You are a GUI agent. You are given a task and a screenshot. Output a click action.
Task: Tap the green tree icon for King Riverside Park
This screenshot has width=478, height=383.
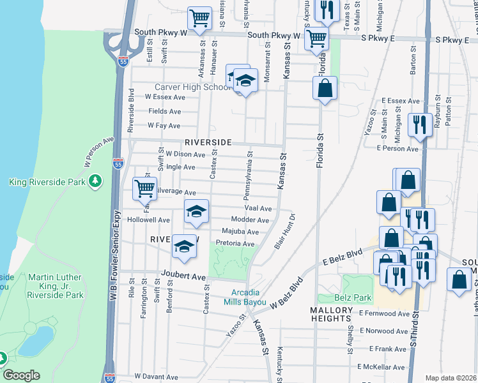point(95,182)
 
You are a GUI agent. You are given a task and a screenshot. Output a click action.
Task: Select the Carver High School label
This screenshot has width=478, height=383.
point(190,87)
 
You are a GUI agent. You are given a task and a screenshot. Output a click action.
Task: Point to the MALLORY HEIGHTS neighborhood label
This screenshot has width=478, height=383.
point(331,315)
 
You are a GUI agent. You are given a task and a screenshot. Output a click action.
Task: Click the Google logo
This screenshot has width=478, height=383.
point(21,375)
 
